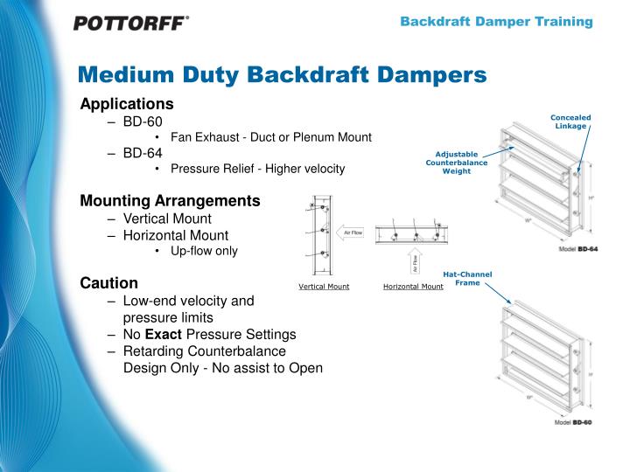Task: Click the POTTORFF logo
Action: click(x=130, y=24)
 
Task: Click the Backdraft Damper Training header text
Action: click(x=496, y=22)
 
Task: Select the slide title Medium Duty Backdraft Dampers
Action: click(x=281, y=75)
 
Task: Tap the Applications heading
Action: click(x=127, y=104)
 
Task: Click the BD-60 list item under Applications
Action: click(x=142, y=121)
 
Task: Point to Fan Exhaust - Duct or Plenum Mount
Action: click(x=270, y=137)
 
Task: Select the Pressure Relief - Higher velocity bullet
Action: click(x=257, y=169)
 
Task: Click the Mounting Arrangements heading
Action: click(x=170, y=201)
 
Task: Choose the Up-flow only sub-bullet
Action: click(x=203, y=251)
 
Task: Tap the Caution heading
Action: click(x=108, y=283)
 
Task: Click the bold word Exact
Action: click(x=164, y=334)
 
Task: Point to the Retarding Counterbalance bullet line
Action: click(x=204, y=351)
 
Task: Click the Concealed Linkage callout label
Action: click(x=570, y=121)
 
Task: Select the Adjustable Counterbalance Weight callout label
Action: click(x=456, y=163)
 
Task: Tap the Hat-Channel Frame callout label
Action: click(x=467, y=279)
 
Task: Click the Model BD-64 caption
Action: click(x=578, y=250)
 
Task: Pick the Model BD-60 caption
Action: click(x=573, y=422)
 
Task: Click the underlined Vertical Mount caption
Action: click(x=324, y=287)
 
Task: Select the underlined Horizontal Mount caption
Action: click(x=413, y=287)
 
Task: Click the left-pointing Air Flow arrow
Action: click(x=351, y=233)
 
